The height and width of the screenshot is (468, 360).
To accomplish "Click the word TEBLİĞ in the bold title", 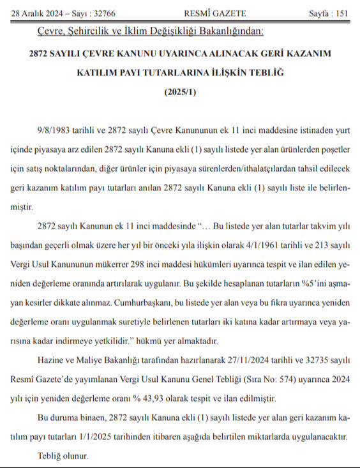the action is click(263, 72).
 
